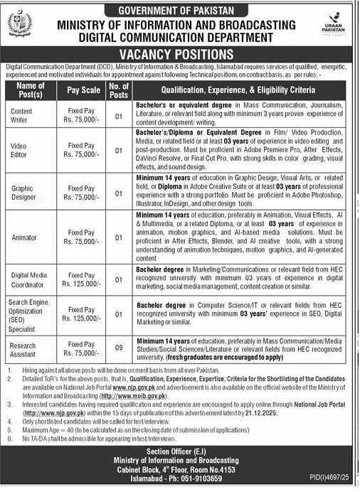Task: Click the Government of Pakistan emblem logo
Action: [20, 26]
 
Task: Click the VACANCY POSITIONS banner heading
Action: [179, 53]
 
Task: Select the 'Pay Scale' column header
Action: [83, 91]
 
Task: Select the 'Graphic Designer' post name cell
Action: [24, 190]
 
